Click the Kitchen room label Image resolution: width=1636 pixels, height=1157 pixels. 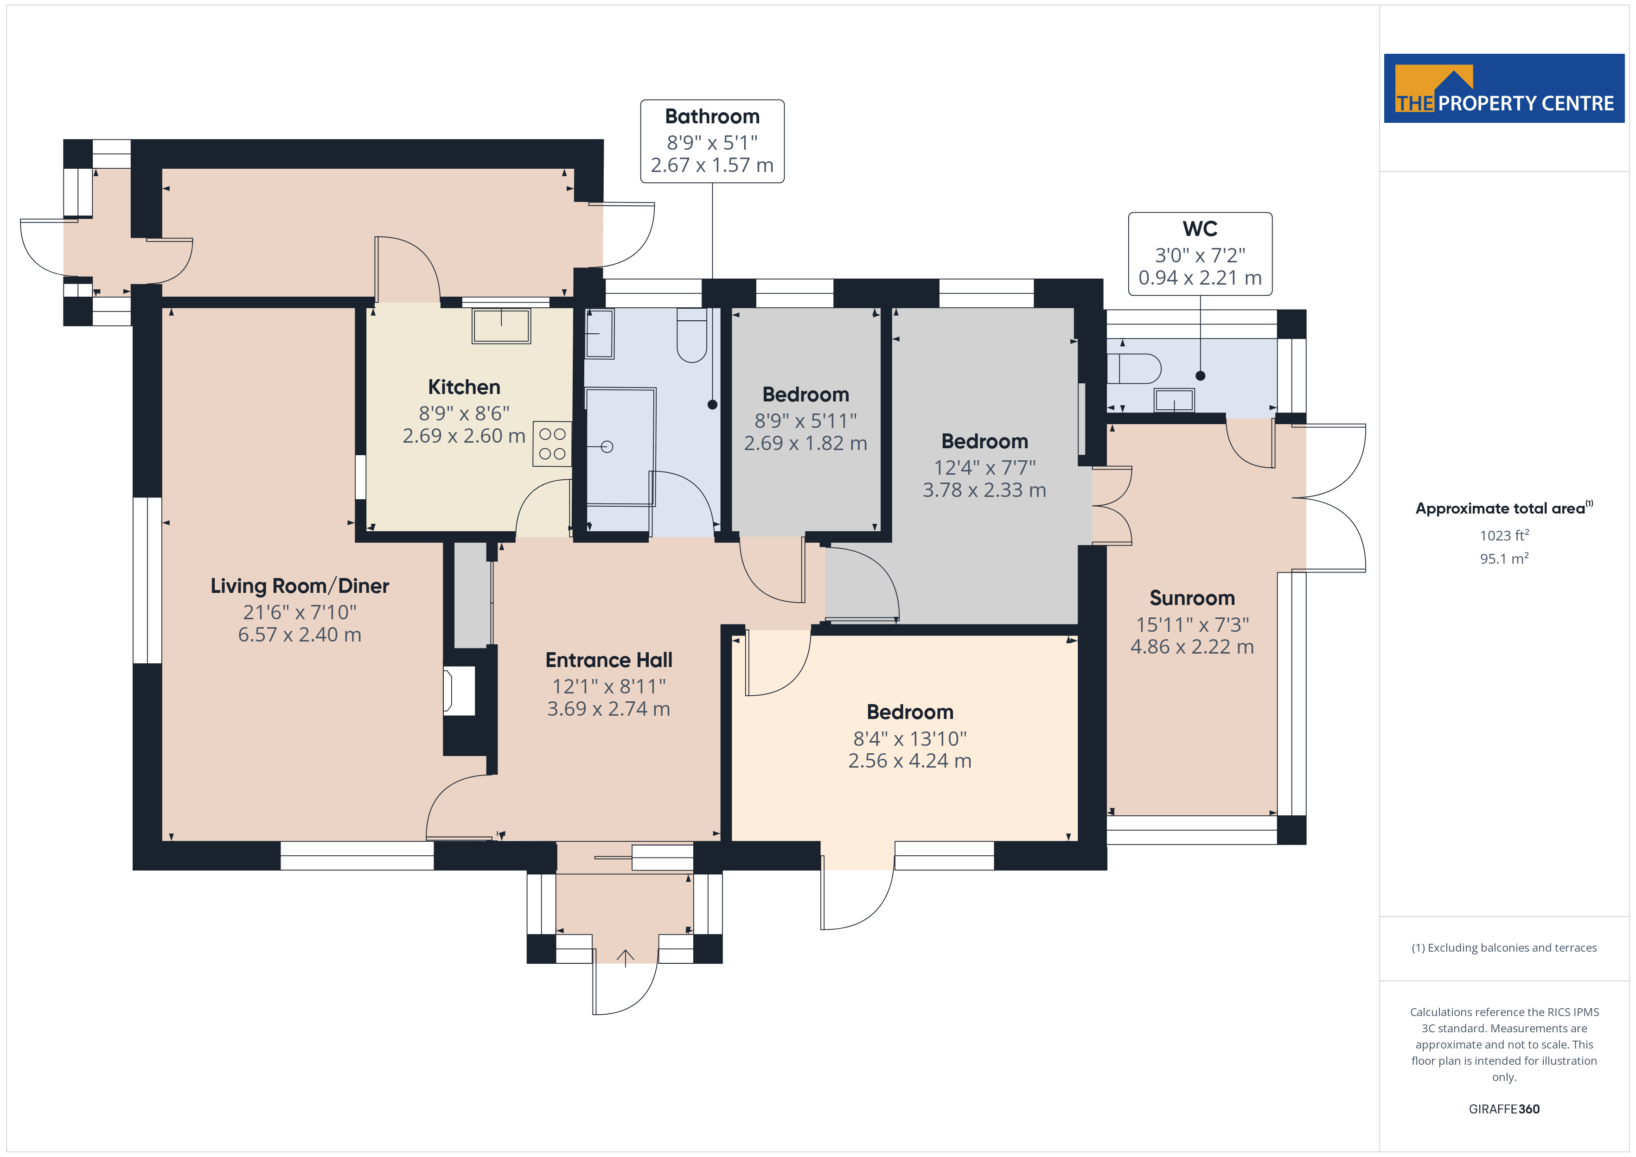(464, 387)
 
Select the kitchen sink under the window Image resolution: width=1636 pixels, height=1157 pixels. (501, 325)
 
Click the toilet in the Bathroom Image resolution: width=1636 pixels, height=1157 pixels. (691, 335)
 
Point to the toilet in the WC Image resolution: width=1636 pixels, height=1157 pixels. (1134, 369)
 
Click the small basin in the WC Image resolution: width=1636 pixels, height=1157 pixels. (1174, 400)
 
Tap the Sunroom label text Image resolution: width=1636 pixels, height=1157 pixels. (1192, 598)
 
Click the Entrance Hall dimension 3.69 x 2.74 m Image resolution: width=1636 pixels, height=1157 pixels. (608, 709)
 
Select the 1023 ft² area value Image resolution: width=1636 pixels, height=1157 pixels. (1504, 535)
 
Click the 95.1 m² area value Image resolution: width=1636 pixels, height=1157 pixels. (1504, 559)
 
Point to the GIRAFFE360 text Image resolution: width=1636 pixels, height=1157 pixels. (1504, 1109)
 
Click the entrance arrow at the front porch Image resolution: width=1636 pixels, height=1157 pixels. (625, 958)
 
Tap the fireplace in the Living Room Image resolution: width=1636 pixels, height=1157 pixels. (459, 690)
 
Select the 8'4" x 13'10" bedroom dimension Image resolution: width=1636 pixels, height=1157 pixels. (910, 739)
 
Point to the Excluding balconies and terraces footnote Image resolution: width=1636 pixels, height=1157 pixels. (1504, 947)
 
